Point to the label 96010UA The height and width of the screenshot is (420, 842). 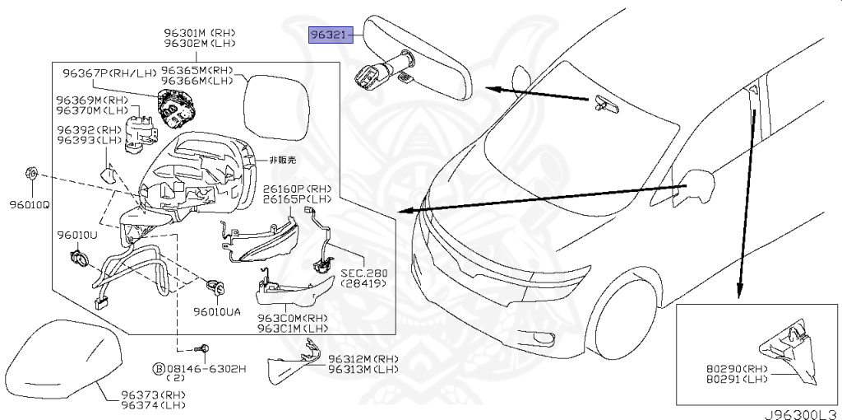tap(218, 312)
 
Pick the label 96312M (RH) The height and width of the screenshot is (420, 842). tap(362, 359)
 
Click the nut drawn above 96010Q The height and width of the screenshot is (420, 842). tap(29, 174)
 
